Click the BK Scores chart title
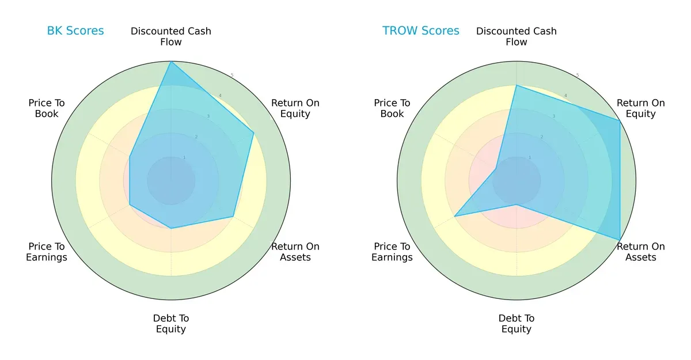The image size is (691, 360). tap(75, 31)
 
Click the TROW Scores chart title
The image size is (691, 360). tap(421, 31)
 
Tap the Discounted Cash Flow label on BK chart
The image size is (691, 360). tap(171, 36)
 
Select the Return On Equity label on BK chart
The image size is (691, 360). tap(295, 108)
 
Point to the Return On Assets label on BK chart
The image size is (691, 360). tap(295, 252)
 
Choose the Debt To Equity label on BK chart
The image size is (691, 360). tap(171, 324)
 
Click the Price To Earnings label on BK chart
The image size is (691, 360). tap(47, 252)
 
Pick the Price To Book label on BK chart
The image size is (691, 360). tap(47, 108)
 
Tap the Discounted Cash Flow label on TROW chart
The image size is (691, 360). tap(517, 36)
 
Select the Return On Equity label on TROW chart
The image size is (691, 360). tap(641, 108)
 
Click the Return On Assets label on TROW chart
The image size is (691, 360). tap(641, 252)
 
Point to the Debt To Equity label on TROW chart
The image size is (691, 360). tap(517, 324)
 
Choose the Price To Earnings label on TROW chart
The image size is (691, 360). tap(392, 252)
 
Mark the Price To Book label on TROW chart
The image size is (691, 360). tap(392, 108)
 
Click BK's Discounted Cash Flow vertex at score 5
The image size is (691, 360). tap(171, 62)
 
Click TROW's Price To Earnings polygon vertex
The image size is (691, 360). tap(455, 217)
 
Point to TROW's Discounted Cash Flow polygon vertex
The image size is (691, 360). tap(517, 86)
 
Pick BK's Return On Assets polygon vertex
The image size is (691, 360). tap(233, 217)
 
